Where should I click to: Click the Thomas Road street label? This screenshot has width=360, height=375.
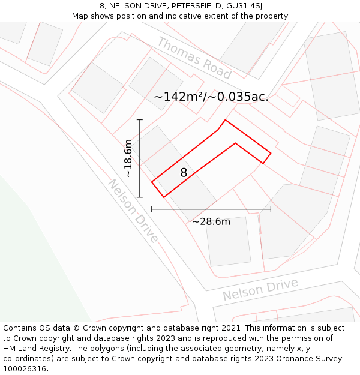(x=194, y=58)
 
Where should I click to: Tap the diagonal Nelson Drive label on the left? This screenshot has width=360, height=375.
(x=134, y=211)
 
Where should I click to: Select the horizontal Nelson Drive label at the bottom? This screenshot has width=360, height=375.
(x=260, y=290)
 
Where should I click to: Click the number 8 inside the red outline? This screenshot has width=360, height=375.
(x=184, y=173)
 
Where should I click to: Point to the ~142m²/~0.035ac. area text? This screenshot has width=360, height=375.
(x=211, y=97)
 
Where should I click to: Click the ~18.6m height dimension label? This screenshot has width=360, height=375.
(x=128, y=158)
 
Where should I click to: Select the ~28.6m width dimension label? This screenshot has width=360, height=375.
(x=211, y=221)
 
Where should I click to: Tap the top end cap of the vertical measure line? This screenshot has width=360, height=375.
(x=140, y=120)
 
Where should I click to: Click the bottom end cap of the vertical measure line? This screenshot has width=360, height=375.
(x=140, y=197)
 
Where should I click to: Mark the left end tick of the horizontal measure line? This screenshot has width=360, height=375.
(x=152, y=209)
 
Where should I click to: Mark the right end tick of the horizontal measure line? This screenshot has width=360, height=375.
(x=271, y=209)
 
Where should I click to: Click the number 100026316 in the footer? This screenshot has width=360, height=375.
(x=26, y=369)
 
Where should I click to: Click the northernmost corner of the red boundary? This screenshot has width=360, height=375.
(x=225, y=120)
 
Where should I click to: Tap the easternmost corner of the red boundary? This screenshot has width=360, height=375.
(x=271, y=153)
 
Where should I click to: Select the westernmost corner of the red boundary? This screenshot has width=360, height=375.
(x=152, y=181)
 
